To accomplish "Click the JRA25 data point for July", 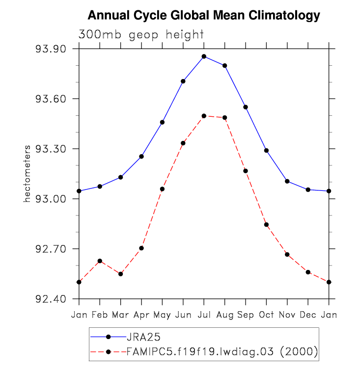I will pos(204,56).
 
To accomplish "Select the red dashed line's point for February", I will pos(100,261).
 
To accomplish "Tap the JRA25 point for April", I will pos(141,157).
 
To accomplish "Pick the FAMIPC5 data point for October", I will pos(267,225).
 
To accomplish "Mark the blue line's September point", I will pos(246,107).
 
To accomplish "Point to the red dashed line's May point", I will pos(162,189).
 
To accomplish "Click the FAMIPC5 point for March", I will pos(121,274).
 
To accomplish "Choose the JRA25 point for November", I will pos(287,181).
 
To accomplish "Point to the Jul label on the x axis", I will pos(204,314).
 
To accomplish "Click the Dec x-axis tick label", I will pos(308,314).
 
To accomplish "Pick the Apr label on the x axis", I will pos(141,315).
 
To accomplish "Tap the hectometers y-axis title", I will pos(28,173).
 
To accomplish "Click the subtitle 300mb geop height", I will pos(141,34).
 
